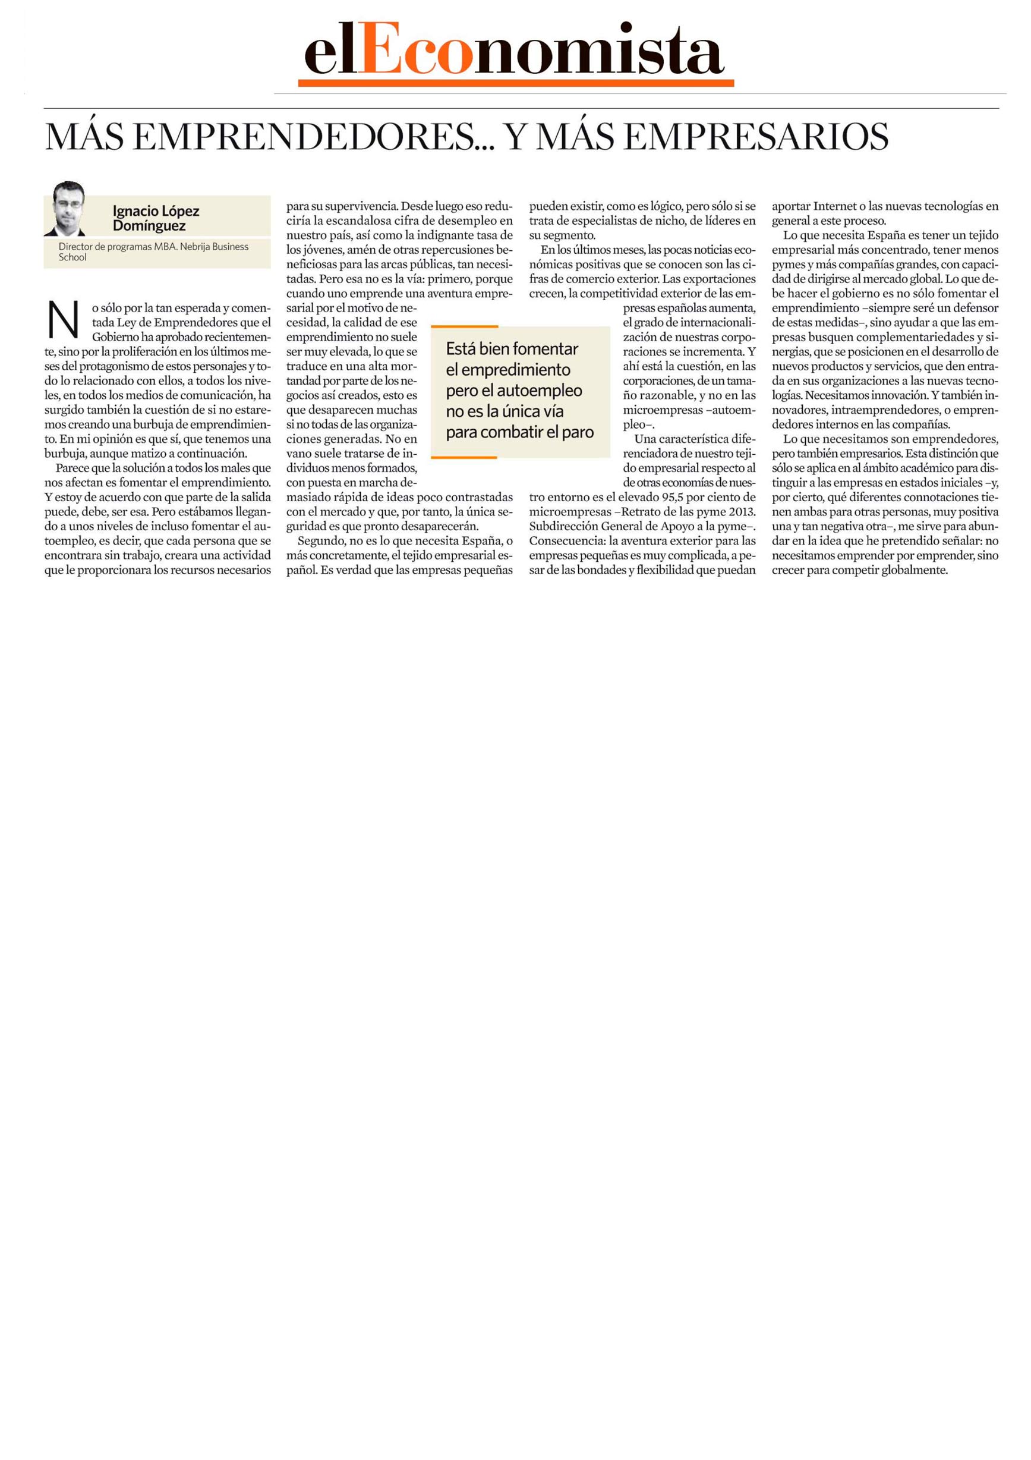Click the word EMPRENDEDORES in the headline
(304, 137)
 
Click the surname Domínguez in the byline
(149, 226)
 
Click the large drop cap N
(64, 320)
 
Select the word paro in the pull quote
(578, 432)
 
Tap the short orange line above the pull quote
(464, 327)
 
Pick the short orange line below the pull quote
(464, 457)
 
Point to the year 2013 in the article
(742, 512)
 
